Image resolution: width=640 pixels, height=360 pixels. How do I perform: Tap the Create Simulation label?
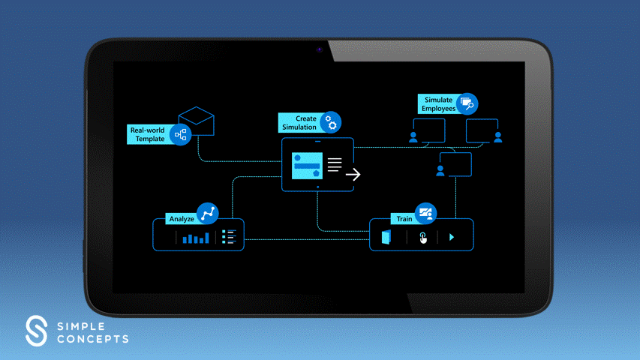pos(299,123)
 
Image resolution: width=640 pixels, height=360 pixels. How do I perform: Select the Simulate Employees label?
pos(438,104)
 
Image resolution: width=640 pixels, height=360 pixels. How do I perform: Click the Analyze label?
pos(182,219)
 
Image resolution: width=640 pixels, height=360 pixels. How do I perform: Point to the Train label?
pos(404,219)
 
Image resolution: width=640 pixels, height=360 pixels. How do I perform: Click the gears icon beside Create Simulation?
pos(331,122)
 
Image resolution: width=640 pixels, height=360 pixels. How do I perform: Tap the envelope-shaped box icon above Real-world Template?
pos(197,121)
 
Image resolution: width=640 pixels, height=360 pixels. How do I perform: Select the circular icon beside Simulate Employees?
pos(467,103)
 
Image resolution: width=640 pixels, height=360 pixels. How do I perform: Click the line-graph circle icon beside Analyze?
pos(208,213)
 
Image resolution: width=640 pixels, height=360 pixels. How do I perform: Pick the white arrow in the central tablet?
pos(353,175)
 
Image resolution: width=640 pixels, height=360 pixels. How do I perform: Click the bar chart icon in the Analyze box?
pos(197,238)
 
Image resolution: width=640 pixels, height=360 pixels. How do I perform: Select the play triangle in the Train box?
pos(452,238)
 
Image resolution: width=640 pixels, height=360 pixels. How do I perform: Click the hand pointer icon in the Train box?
pos(422,238)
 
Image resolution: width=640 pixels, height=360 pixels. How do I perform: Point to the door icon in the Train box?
pos(386,238)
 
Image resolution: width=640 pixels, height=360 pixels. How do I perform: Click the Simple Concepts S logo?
pos(36,330)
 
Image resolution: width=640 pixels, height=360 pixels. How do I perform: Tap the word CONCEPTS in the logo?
pos(92,339)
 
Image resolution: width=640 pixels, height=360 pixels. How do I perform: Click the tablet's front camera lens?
pos(319,49)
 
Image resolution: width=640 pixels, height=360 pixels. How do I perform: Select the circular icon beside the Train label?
pos(425,213)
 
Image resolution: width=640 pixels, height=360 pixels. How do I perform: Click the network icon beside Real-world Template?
pos(180,135)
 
